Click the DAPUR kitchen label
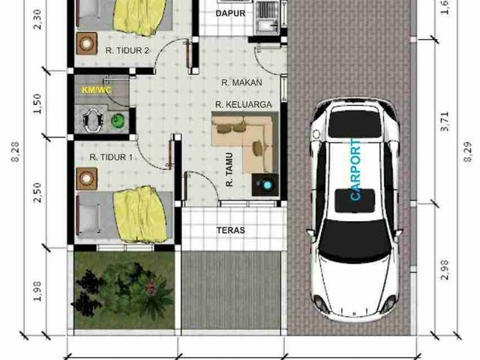(230, 13)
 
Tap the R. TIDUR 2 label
(127, 50)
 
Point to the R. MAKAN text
(241, 82)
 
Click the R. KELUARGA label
(243, 105)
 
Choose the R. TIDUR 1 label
(111, 157)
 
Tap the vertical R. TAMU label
(229, 170)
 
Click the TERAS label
(231, 230)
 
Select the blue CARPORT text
(355, 170)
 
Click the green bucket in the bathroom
(117, 121)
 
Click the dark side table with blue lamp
(265, 184)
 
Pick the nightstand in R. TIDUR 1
(87, 178)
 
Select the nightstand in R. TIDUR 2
(87, 43)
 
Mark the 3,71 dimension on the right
(445, 121)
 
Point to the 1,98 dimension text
(37, 291)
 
